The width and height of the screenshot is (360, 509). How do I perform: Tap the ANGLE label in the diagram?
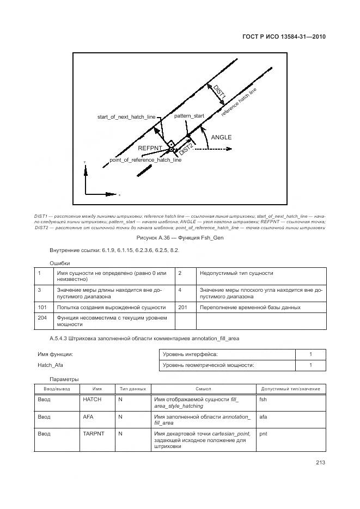click(221, 137)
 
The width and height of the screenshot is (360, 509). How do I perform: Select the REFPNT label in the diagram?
click(149, 148)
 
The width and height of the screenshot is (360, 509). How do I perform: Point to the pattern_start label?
click(189, 116)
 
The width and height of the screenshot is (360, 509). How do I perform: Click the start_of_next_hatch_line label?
click(126, 117)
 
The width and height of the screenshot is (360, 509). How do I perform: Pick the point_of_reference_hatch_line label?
click(145, 160)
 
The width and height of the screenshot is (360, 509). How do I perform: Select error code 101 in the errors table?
click(42, 307)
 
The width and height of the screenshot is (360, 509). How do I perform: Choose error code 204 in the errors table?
click(42, 317)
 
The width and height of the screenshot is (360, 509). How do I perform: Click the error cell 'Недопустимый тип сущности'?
click(236, 273)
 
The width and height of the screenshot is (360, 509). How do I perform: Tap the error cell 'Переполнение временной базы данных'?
click(250, 307)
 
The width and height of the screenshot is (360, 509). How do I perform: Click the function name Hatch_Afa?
click(50, 365)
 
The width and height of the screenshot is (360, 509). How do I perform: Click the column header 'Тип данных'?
click(132, 389)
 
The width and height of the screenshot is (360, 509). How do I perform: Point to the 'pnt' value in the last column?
click(263, 434)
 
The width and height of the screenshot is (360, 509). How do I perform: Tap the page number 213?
click(320, 463)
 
